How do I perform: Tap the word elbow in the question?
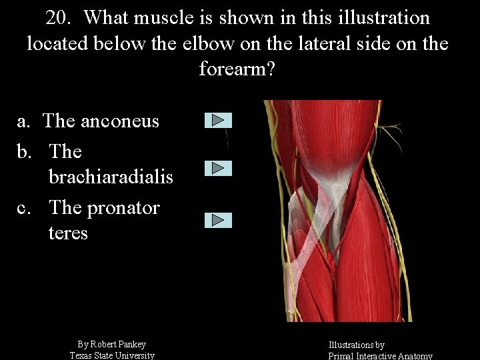point(197,44)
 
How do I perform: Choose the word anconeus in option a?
point(119,121)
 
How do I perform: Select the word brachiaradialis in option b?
point(111,177)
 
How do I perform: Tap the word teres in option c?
point(68,233)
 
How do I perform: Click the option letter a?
point(23,121)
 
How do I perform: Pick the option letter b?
point(23,152)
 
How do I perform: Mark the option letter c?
point(23,208)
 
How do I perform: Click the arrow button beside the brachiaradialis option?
point(218,168)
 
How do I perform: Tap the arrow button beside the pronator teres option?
point(218,221)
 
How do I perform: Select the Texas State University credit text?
point(112,355)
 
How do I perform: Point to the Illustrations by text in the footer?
point(356,345)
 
